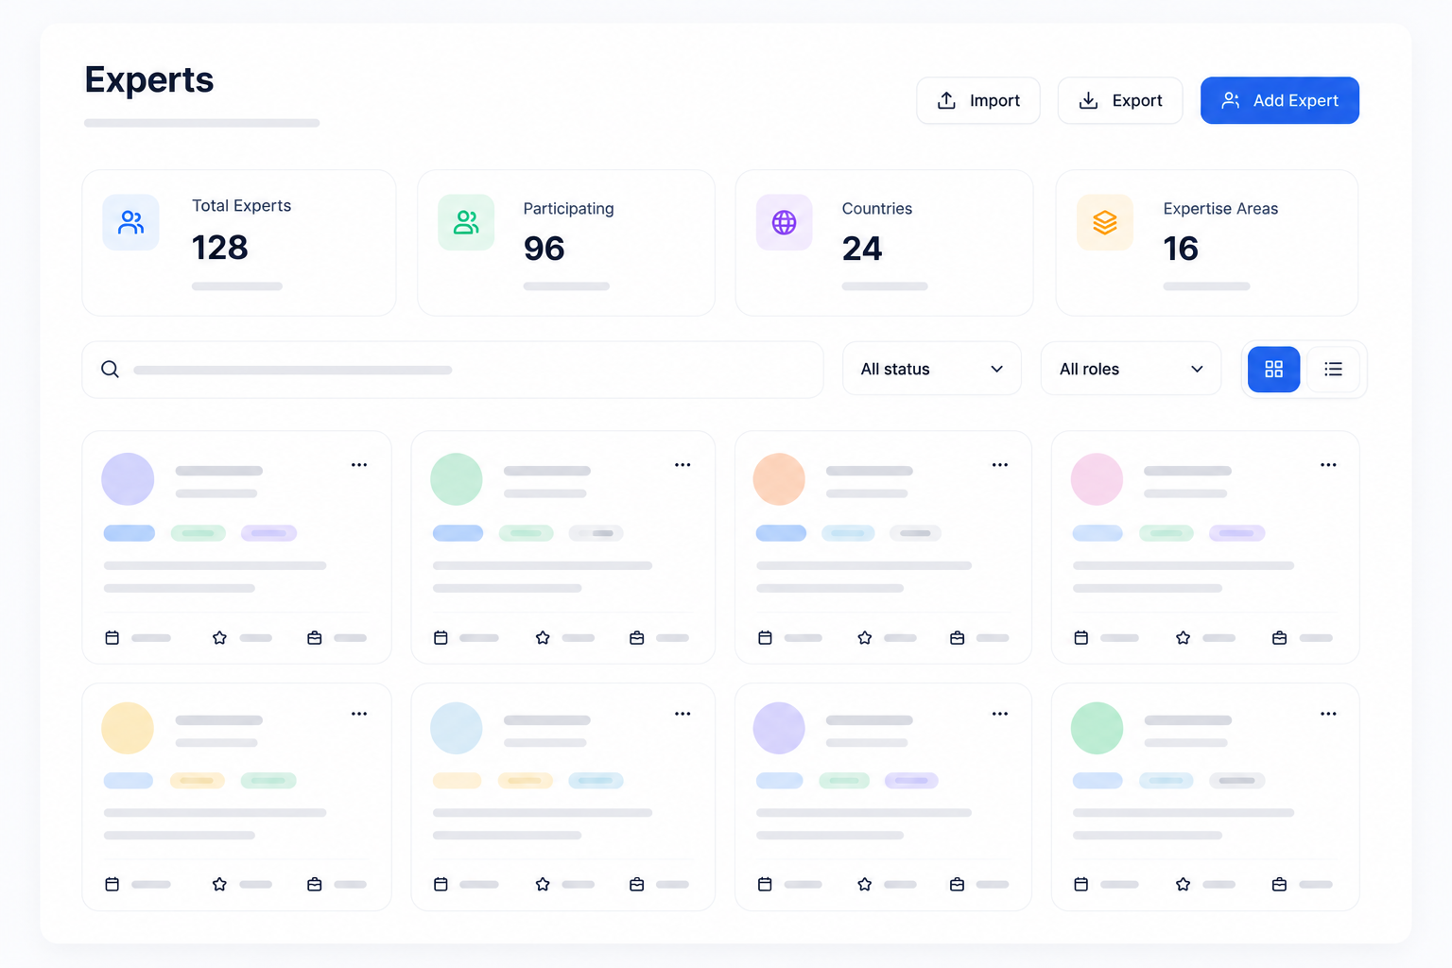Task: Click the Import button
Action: [x=978, y=100]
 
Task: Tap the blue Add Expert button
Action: [x=1280, y=100]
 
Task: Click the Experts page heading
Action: [x=149, y=79]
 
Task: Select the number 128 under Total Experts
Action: [x=219, y=248]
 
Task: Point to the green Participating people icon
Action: [x=466, y=222]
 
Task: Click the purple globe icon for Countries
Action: [x=784, y=222]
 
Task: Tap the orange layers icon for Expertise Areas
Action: [x=1104, y=222]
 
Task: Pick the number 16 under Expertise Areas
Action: [x=1181, y=249]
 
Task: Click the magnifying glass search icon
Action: [x=111, y=370]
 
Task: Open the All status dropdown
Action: [x=931, y=369]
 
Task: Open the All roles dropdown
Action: [x=1131, y=369]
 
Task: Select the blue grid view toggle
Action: [x=1273, y=370]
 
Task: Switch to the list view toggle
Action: [x=1334, y=370]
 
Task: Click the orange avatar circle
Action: [x=779, y=479]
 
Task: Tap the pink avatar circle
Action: [x=1097, y=479]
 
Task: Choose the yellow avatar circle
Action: [x=128, y=728]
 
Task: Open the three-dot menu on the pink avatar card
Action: [x=1328, y=465]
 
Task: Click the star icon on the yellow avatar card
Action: [x=219, y=884]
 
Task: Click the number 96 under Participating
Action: [x=544, y=249]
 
